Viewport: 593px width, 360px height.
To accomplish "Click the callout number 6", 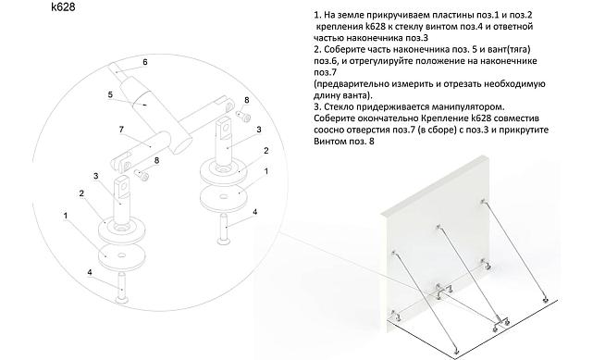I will pyautogui.click(x=144, y=62).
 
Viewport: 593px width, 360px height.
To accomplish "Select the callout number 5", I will pyautogui.click(x=109, y=93).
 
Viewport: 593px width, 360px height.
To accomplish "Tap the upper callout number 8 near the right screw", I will pyautogui.click(x=246, y=99).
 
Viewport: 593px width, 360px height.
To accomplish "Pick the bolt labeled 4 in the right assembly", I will pyautogui.click(x=225, y=228).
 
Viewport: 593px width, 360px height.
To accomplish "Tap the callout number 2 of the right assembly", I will pyautogui.click(x=266, y=150).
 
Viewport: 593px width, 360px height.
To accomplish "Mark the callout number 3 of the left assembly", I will pyautogui.click(x=95, y=175).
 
